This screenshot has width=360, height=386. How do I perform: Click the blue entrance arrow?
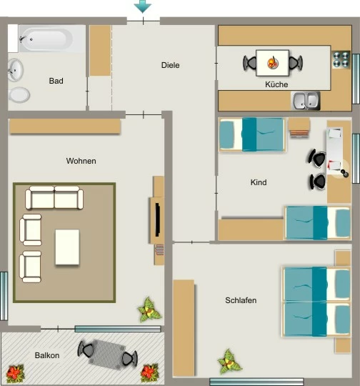[143, 6]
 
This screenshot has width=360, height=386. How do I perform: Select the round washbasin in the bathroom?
[15, 70]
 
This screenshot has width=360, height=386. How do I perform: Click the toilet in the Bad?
[19, 95]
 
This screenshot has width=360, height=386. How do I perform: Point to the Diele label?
[170, 65]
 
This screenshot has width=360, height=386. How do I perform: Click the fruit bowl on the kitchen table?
[273, 63]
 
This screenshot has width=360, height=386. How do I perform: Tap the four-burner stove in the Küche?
[341, 59]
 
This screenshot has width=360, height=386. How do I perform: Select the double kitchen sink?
[306, 101]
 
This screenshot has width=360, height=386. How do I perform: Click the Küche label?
[276, 84]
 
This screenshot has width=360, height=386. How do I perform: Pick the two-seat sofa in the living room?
[54, 198]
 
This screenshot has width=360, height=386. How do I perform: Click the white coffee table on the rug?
[67, 247]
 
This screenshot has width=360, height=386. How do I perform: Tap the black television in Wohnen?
[157, 220]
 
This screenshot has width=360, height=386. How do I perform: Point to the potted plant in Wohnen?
[149, 310]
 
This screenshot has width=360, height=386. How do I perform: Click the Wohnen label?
[81, 161]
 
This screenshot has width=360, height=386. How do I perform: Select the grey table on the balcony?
[107, 355]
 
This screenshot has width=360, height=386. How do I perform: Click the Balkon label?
[47, 355]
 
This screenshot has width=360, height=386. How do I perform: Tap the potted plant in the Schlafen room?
[229, 362]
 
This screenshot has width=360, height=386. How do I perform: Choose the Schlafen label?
[241, 300]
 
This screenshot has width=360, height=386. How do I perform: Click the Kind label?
[259, 182]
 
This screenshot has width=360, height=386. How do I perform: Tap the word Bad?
[56, 81]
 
